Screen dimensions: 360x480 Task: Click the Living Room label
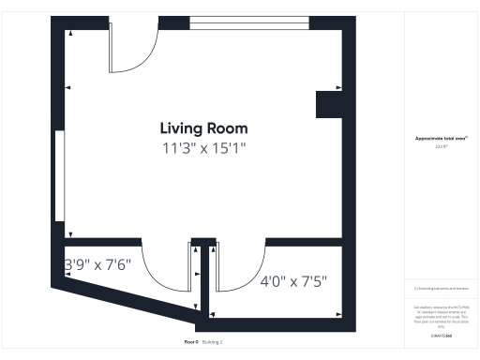pyautogui.click(x=203, y=128)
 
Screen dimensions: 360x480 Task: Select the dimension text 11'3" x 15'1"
pyautogui.click(x=203, y=147)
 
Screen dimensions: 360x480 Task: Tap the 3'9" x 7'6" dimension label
pyautogui.click(x=98, y=264)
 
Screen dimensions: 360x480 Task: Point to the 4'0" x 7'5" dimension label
pyautogui.click(x=292, y=280)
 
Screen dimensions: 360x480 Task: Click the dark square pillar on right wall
pyautogui.click(x=329, y=104)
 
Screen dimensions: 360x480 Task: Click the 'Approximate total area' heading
pyautogui.click(x=441, y=138)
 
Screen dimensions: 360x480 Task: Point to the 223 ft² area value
pyautogui.click(x=441, y=146)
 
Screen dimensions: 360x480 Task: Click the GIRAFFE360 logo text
pyautogui.click(x=441, y=335)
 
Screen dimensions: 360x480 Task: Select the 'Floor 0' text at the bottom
pyautogui.click(x=191, y=342)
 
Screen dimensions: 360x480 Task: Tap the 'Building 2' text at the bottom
pyautogui.click(x=212, y=342)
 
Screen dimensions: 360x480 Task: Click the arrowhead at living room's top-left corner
pyautogui.click(x=69, y=34)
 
